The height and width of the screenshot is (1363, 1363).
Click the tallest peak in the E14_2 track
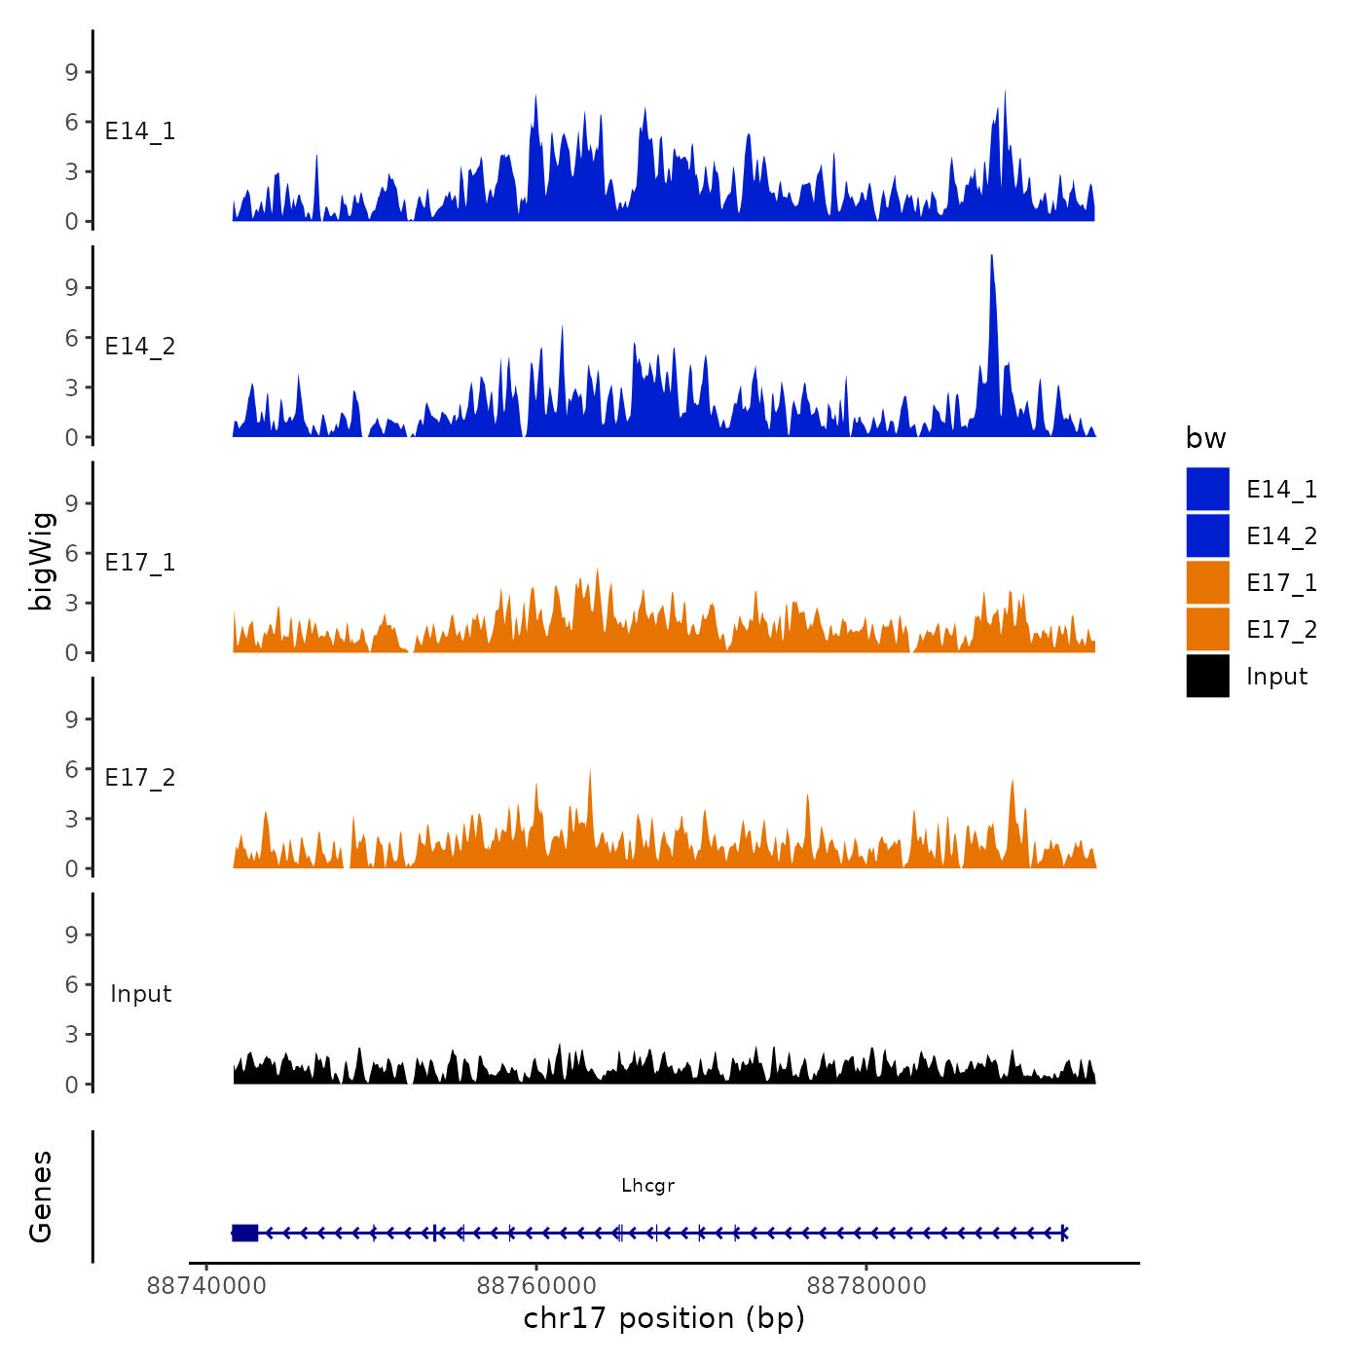(x=991, y=259)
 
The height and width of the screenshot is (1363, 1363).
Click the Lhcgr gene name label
(x=647, y=1185)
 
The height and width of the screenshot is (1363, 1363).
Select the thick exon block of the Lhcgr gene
(x=244, y=1233)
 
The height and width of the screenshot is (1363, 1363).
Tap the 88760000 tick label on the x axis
(x=536, y=1286)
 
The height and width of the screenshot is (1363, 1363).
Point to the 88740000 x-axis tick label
(x=206, y=1286)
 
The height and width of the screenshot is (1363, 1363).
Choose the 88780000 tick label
(x=866, y=1286)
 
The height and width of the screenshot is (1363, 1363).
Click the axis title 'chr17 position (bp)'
(x=664, y=1318)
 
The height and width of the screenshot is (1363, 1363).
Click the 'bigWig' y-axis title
(x=41, y=561)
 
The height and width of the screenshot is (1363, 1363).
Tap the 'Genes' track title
(x=41, y=1197)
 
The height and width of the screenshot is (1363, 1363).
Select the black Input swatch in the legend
(x=1207, y=676)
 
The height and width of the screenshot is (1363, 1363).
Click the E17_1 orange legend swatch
(x=1207, y=582)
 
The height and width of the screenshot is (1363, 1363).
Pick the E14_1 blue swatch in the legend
(x=1207, y=489)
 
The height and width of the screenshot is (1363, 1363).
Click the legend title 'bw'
(x=1205, y=438)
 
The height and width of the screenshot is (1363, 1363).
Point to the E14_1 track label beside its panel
(x=140, y=131)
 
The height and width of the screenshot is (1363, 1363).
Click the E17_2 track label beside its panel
(x=140, y=777)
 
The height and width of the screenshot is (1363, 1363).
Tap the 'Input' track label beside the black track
(x=140, y=993)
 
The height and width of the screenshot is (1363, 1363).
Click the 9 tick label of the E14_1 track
(x=71, y=72)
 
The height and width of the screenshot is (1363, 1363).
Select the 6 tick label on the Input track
(x=71, y=984)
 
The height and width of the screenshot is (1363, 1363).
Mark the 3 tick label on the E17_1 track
(x=71, y=603)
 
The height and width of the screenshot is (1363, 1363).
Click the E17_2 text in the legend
(x=1281, y=630)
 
